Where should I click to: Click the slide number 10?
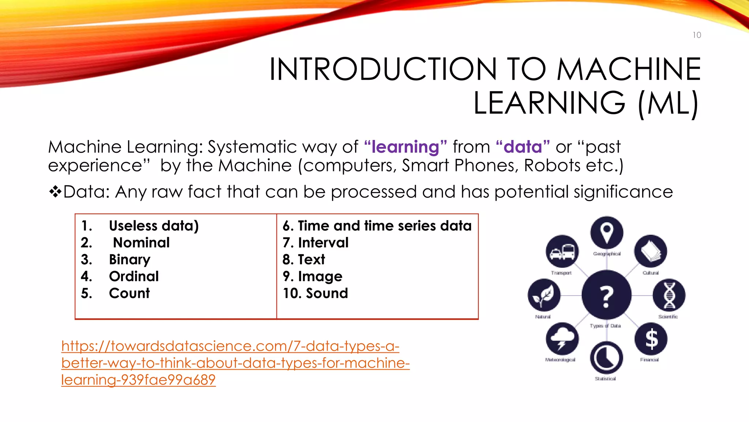click(x=697, y=35)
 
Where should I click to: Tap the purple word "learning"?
click(x=405, y=147)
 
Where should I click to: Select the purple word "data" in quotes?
click(x=523, y=147)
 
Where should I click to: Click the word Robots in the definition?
click(x=552, y=166)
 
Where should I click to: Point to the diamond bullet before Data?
click(x=55, y=192)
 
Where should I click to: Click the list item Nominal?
click(x=141, y=243)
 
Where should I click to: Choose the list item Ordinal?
click(x=134, y=276)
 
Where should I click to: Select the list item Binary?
click(x=129, y=259)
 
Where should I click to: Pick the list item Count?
click(x=129, y=293)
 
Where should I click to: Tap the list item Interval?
click(x=323, y=243)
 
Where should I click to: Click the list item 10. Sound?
click(x=315, y=293)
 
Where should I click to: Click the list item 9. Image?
click(x=313, y=276)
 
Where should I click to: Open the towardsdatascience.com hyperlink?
click(x=235, y=363)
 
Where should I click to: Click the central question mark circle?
click(x=606, y=295)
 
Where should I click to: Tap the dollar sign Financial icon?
click(x=651, y=338)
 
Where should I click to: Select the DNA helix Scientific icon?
click(x=669, y=295)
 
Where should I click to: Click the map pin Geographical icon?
click(x=606, y=233)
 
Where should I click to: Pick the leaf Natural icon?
click(x=544, y=295)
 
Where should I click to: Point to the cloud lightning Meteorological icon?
click(x=562, y=339)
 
